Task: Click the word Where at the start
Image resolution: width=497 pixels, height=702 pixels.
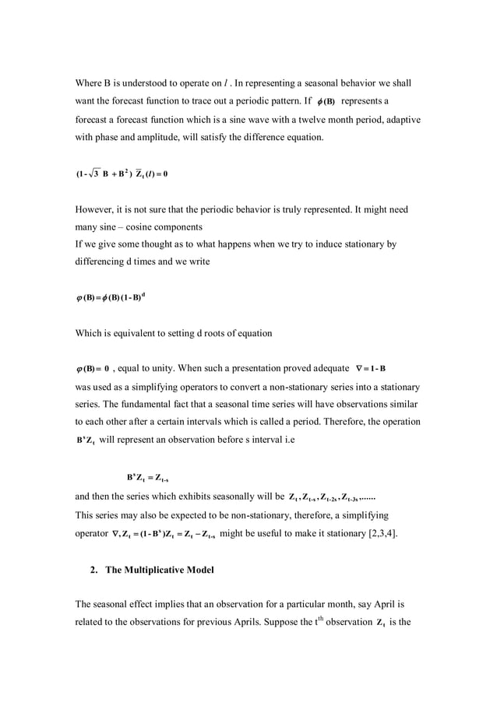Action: point(89,83)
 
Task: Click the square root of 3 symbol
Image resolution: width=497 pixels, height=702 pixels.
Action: point(96,174)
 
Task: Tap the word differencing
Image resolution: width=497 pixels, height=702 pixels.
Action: point(101,262)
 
